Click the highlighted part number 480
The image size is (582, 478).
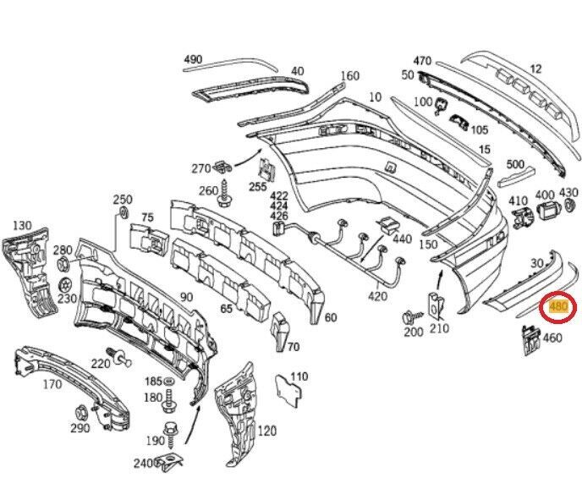pos(559,305)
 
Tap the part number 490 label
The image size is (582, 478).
pos(193,59)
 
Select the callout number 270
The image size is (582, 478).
pos(200,168)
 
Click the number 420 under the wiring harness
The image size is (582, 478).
pos(377,296)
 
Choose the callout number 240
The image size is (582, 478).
pos(142,463)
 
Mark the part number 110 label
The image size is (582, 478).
pos(299,376)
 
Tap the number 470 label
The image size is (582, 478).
pos(423,61)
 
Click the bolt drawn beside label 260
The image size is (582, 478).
pos(226,198)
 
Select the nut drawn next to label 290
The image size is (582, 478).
pos(81,413)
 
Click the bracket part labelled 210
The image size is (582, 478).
pos(436,304)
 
